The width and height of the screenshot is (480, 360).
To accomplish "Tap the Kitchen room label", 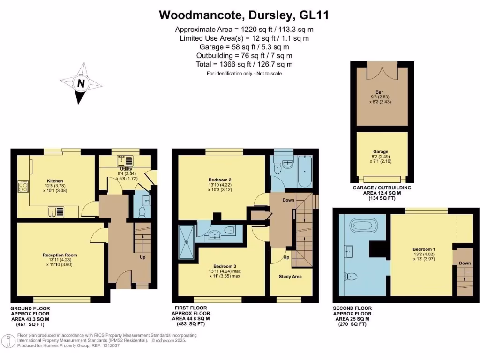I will [55, 181].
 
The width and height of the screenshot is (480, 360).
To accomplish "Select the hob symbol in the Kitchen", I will [22, 187].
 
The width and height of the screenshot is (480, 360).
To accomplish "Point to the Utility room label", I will [126, 169].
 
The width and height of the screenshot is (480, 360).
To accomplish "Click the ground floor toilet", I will [142, 212].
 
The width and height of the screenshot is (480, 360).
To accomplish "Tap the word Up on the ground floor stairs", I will [142, 257].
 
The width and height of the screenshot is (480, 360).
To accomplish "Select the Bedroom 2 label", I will [220, 180].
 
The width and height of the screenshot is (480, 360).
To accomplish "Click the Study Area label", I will [290, 276].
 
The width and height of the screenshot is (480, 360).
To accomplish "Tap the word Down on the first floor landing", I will [288, 200].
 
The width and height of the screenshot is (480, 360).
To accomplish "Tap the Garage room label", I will [381, 152].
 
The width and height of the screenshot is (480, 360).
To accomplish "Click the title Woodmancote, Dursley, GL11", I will [244, 15].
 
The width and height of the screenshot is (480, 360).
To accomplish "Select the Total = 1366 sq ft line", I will [244, 64].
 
